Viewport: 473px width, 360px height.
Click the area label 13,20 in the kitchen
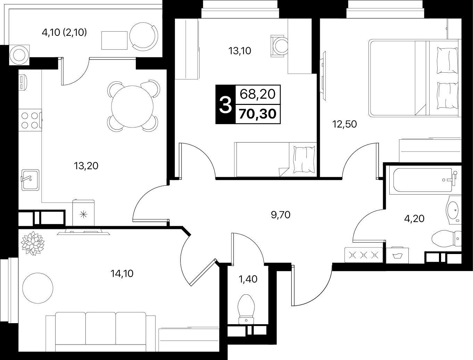click(x=86, y=166)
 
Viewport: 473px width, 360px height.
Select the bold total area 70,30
click(x=258, y=114)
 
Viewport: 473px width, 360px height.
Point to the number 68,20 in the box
click(x=258, y=94)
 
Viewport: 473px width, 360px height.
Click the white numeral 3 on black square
click(x=225, y=105)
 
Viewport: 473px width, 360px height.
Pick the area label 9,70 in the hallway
click(x=281, y=215)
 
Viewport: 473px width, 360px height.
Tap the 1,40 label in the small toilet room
click(x=248, y=279)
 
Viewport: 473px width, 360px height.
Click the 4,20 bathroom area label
click(x=414, y=219)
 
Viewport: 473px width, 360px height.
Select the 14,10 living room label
click(x=122, y=273)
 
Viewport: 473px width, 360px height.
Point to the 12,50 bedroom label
click(x=345, y=124)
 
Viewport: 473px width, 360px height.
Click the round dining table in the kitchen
click(x=132, y=106)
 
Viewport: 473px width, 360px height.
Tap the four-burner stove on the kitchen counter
click(x=30, y=120)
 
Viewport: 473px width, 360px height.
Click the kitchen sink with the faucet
click(x=30, y=180)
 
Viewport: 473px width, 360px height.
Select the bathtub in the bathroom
click(x=423, y=180)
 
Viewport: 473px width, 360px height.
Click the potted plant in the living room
click(x=33, y=243)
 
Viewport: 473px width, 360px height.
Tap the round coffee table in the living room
click(x=38, y=288)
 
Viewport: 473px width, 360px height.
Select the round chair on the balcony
click(x=144, y=36)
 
